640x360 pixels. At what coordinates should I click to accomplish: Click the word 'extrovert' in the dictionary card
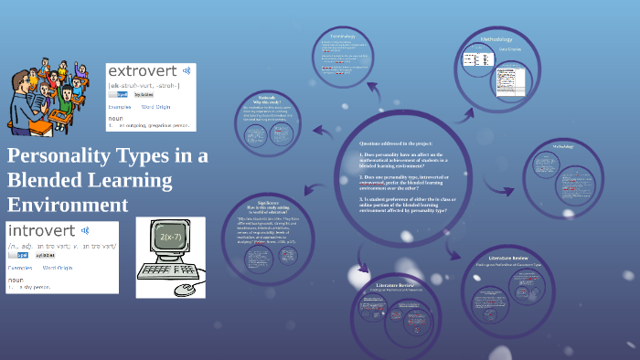click(x=142, y=70)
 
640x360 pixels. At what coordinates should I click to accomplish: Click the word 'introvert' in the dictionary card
click(x=40, y=230)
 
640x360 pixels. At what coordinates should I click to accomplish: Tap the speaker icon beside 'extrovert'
click(x=187, y=70)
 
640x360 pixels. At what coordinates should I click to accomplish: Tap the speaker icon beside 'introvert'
click(x=84, y=230)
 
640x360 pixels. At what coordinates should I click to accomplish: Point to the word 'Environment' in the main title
click(x=68, y=203)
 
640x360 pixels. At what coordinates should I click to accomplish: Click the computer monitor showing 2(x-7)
click(x=171, y=239)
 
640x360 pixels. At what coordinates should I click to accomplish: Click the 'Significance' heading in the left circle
click(x=269, y=202)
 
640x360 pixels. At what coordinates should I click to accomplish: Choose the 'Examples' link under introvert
click(x=20, y=268)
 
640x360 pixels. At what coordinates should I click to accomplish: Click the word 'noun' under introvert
click(x=16, y=280)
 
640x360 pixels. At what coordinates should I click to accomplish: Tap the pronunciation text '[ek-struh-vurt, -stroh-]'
click(x=144, y=85)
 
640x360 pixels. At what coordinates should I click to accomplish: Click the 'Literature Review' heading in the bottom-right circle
click(x=509, y=259)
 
